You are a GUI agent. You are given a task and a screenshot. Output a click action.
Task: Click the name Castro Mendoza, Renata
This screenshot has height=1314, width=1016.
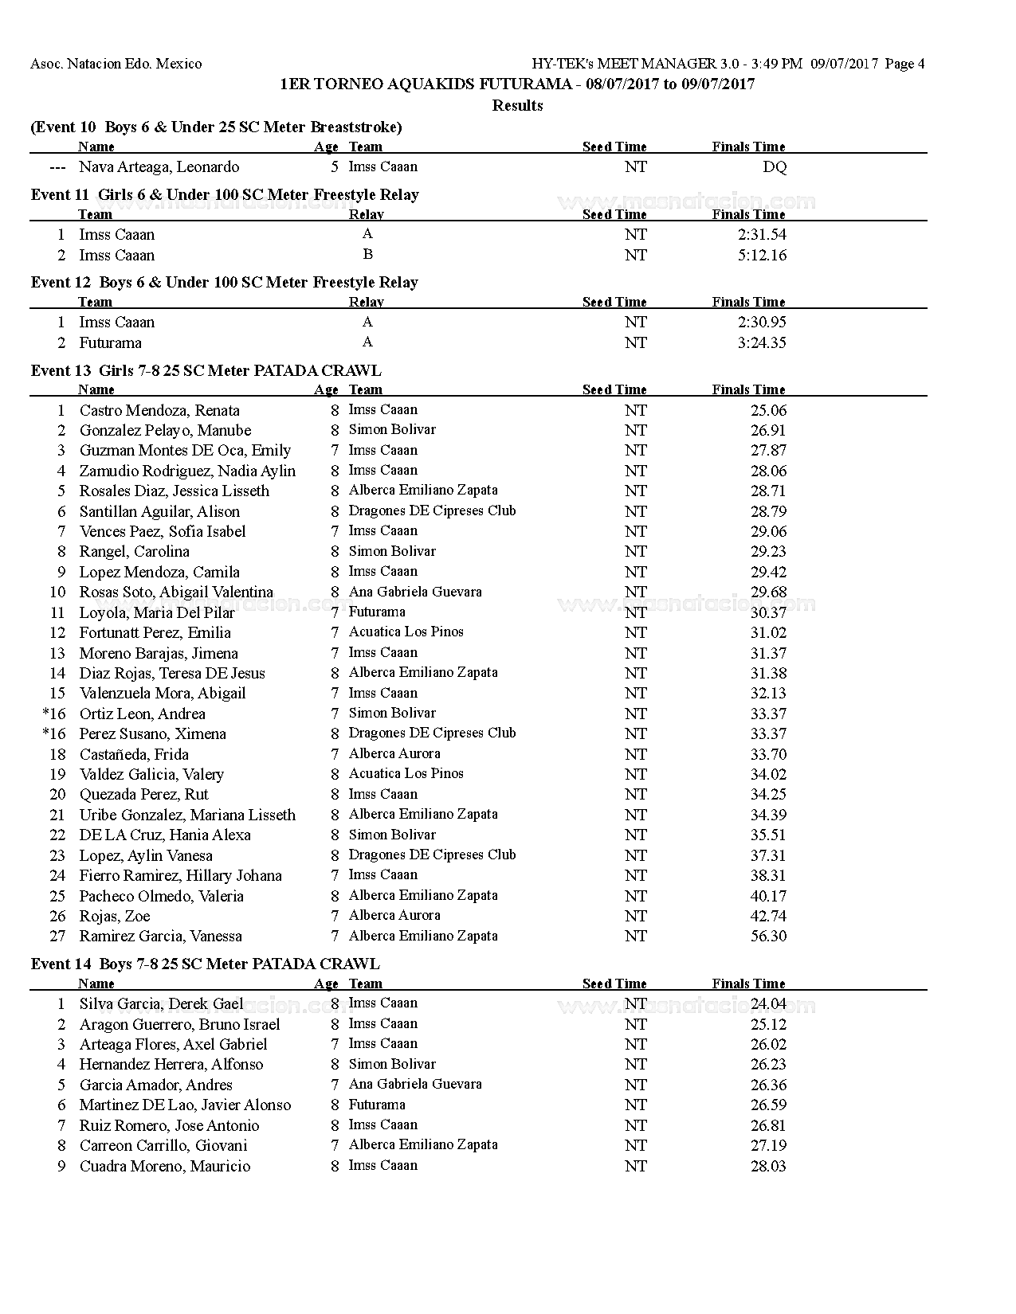[159, 411]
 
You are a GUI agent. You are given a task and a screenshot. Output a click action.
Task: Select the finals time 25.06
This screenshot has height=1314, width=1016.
[768, 411]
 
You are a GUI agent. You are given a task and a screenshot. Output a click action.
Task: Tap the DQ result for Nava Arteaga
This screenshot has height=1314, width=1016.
[775, 167]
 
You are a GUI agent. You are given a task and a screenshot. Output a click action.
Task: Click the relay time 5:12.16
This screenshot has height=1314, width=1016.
[762, 256]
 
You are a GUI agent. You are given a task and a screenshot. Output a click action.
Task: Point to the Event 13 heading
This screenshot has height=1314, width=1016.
[206, 370]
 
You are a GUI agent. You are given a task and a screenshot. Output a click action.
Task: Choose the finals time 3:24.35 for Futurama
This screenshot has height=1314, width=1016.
[762, 343]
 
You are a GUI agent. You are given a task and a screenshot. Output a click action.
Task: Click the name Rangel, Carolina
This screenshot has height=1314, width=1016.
[134, 552]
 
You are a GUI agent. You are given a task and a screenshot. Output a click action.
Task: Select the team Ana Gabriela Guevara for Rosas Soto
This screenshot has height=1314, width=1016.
[415, 592]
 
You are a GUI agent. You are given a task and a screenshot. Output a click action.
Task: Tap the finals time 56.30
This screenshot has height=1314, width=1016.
[768, 937]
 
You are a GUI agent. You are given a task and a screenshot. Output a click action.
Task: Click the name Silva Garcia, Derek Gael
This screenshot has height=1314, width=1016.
[161, 1004]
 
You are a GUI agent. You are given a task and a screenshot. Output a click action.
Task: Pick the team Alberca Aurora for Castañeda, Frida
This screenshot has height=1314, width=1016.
[394, 754]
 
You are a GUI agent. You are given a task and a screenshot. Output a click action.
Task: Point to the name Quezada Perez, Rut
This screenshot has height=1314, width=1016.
[143, 795]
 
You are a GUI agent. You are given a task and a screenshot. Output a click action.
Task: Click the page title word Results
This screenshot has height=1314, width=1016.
[517, 106]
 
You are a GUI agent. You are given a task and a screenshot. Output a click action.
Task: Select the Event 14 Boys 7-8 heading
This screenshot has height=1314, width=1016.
[205, 964]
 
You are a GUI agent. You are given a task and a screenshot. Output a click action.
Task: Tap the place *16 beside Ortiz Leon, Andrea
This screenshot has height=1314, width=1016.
[54, 714]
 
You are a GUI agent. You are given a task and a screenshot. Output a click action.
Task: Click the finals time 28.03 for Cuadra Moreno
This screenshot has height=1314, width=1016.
[768, 1167]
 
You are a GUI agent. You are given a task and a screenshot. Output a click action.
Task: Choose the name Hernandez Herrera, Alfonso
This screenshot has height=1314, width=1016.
[171, 1065]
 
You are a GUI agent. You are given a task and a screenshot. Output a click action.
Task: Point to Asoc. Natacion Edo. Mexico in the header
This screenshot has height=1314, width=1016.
[116, 65]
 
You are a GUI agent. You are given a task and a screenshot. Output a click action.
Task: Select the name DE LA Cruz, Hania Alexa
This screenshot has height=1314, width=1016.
[165, 835]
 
